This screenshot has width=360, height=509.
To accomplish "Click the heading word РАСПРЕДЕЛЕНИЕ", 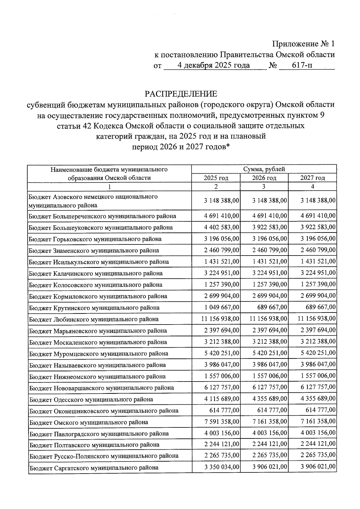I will [181, 94].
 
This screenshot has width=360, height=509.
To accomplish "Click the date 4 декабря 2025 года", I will [213, 65].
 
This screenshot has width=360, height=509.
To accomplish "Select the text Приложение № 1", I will [303, 44].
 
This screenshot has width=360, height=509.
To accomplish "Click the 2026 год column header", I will [264, 178].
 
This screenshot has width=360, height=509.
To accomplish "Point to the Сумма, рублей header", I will [264, 169].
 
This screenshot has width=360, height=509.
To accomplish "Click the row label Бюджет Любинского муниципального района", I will [94, 319].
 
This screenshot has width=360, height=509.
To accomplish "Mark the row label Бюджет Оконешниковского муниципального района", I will [104, 411].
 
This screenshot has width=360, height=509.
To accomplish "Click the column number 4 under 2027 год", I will [312, 187].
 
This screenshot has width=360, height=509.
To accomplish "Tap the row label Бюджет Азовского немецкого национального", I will [93, 197].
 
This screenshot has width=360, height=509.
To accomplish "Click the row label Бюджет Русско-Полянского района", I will [104, 456].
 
